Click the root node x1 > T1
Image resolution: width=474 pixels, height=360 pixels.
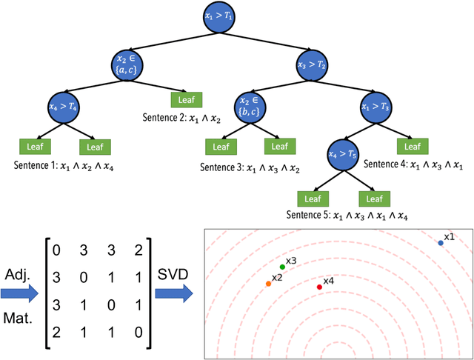coord(221,17)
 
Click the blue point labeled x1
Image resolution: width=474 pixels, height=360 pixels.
coord(441,243)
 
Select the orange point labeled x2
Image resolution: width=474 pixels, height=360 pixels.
coord(268,284)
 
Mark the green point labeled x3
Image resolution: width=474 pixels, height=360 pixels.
coord(282,267)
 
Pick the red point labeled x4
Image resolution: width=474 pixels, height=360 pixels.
coord(319,287)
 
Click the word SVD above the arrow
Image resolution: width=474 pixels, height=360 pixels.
coord(171,273)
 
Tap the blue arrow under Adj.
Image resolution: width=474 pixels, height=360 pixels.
coord(19,293)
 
